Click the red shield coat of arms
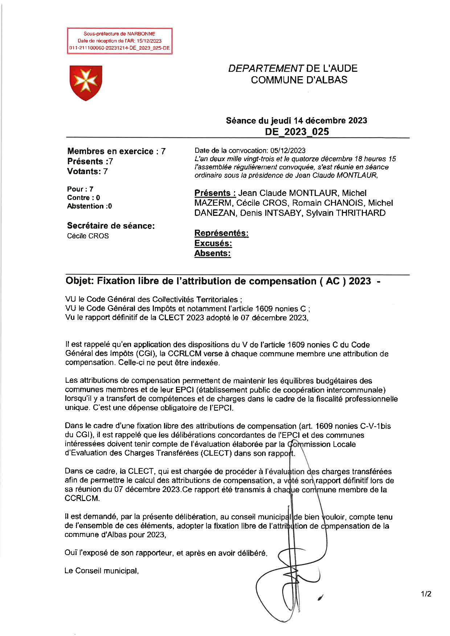point(86,83)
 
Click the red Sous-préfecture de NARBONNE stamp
point(119,41)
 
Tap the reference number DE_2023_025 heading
point(297,131)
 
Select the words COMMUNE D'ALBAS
point(299,80)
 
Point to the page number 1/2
point(426,594)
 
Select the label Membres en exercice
point(110,151)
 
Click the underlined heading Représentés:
point(221,233)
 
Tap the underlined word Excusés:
point(213,243)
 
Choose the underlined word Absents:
point(212,253)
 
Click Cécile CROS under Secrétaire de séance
point(88,236)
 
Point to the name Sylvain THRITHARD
point(345,213)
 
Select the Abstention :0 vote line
point(89,206)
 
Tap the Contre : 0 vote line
point(83,198)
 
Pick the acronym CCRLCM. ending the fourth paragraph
point(82,498)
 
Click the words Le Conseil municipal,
point(102,571)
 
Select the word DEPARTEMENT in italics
point(266,69)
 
